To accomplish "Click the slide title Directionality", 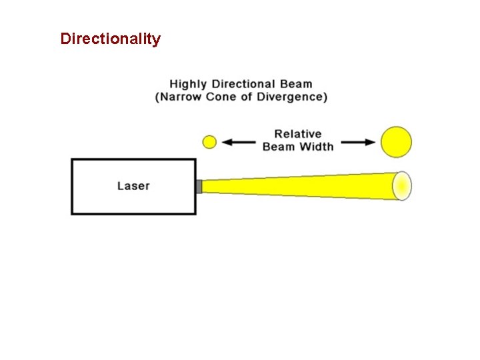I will (110, 39).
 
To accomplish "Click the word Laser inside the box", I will (133, 185).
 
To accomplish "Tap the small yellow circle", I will (209, 142).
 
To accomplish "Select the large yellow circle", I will (396, 142).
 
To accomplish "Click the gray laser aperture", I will (199, 186).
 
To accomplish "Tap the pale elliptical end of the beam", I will (402, 186).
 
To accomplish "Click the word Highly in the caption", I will (189, 84).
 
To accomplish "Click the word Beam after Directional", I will (297, 84).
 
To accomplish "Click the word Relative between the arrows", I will (298, 134).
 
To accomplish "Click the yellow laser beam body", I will (300, 186).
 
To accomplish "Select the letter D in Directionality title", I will (65, 39).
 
